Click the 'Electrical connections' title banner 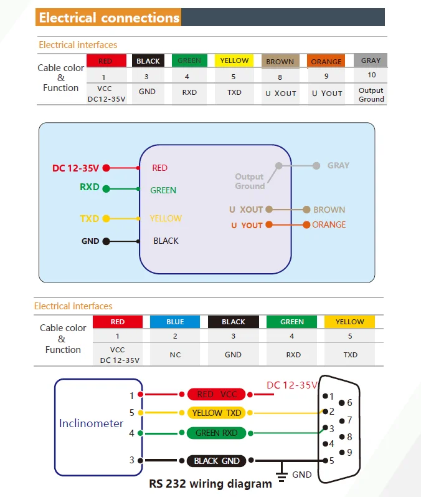(x=210, y=17)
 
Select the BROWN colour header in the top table (x=280, y=61)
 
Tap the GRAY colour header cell (x=371, y=60)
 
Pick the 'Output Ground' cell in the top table (x=371, y=95)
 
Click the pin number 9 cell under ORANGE (x=326, y=76)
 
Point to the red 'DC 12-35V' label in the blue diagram (x=75, y=168)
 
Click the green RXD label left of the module (x=90, y=187)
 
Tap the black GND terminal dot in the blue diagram (x=106, y=241)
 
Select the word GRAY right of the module (x=338, y=165)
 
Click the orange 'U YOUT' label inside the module (x=247, y=225)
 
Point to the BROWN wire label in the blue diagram (x=329, y=210)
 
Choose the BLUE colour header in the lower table (x=175, y=322)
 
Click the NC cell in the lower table (x=175, y=355)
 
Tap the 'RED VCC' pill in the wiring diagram (x=217, y=394)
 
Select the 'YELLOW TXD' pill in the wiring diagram (x=217, y=413)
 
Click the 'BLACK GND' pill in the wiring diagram (x=217, y=461)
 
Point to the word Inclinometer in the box (x=91, y=423)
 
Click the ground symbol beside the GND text (x=281, y=473)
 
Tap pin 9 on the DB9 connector (x=342, y=452)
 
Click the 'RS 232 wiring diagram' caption (x=210, y=484)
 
